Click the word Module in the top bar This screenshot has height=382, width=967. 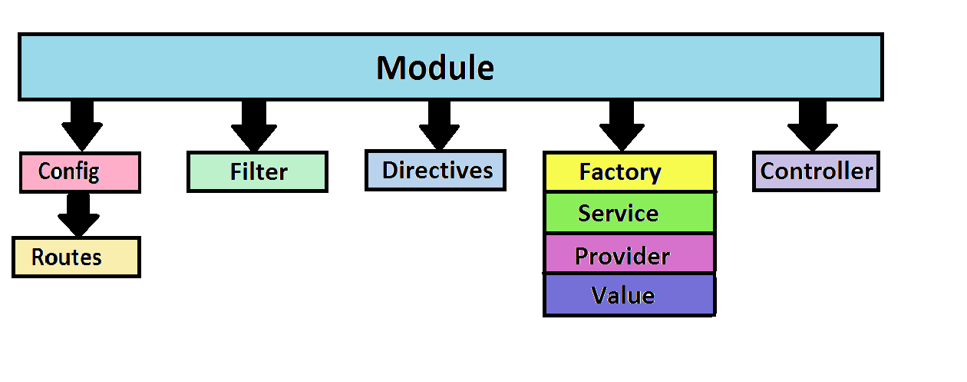[x=435, y=68]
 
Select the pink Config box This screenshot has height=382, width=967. [x=80, y=172]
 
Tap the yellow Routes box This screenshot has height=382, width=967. [x=76, y=257]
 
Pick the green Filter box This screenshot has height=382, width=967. [x=257, y=171]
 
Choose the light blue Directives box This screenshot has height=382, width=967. [x=435, y=170]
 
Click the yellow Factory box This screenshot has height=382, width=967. [x=629, y=171]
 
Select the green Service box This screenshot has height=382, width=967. [x=629, y=213]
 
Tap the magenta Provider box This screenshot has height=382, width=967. [x=629, y=254]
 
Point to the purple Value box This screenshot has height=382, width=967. [x=629, y=295]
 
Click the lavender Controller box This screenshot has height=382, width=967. [x=817, y=171]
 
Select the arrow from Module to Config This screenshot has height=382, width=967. [x=81, y=126]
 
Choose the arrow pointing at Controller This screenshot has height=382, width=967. [x=812, y=126]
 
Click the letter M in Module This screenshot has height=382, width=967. [x=391, y=68]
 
